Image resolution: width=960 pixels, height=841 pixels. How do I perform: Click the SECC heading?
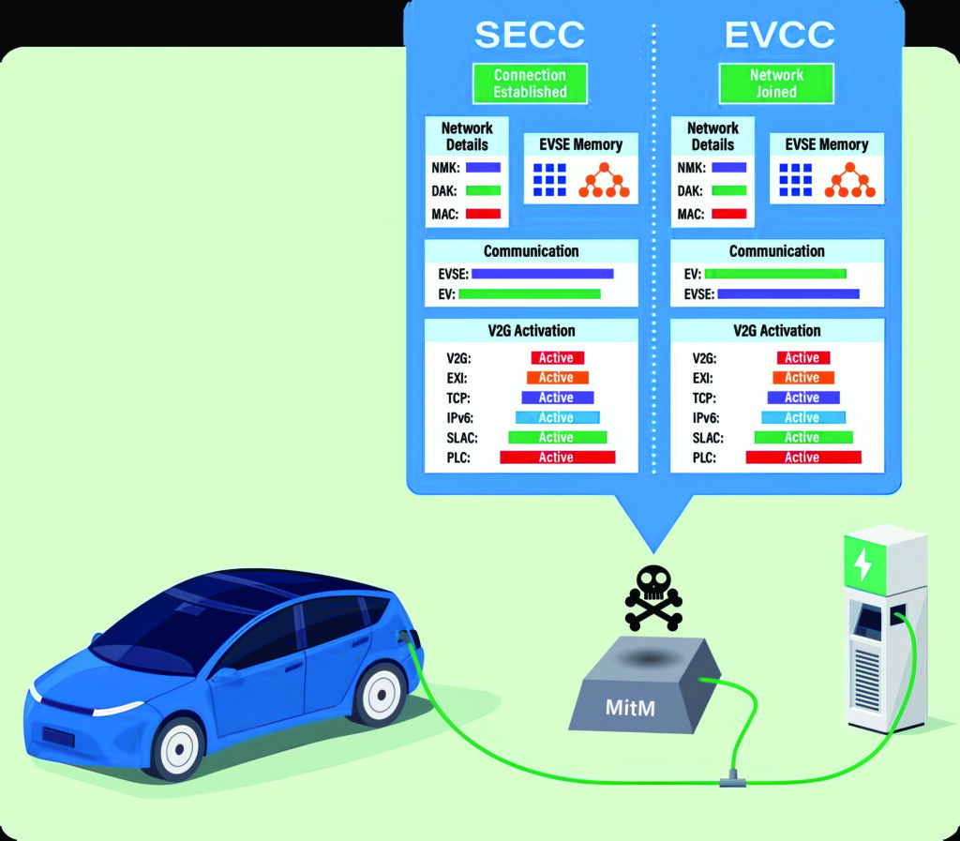(530, 34)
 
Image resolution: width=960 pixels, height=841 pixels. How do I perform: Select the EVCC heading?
(779, 34)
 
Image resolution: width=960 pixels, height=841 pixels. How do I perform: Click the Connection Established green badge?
(531, 83)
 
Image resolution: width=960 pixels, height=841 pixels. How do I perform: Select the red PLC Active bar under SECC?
(557, 458)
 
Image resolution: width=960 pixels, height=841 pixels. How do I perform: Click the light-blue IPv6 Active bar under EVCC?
(802, 417)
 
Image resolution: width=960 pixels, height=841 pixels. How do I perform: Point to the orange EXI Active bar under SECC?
(557, 378)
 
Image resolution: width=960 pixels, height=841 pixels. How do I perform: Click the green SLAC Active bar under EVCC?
(802, 438)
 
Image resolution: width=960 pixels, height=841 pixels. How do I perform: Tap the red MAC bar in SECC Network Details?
(483, 214)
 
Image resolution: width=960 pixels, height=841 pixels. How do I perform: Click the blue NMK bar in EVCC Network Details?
(728, 168)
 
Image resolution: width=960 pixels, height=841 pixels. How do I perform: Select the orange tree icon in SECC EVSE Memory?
(602, 179)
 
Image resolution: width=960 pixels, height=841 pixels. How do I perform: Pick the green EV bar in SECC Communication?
(530, 294)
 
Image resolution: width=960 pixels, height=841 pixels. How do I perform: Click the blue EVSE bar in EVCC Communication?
(787, 294)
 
